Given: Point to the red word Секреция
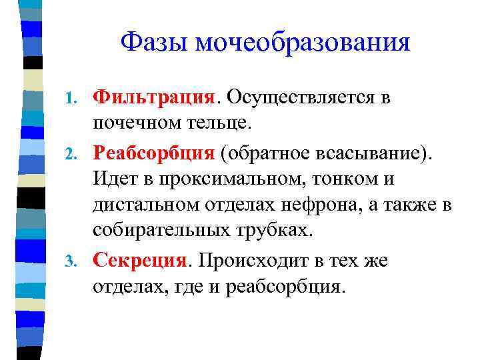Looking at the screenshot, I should click(x=141, y=259).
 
